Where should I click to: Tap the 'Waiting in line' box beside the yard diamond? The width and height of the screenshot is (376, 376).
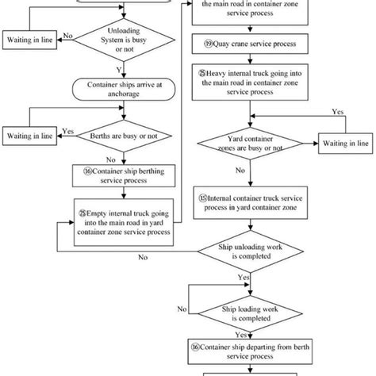343,143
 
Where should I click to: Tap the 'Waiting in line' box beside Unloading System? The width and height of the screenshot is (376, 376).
31,39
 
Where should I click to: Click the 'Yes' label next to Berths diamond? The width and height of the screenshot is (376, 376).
68,132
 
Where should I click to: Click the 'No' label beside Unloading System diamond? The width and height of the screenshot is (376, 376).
68,36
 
